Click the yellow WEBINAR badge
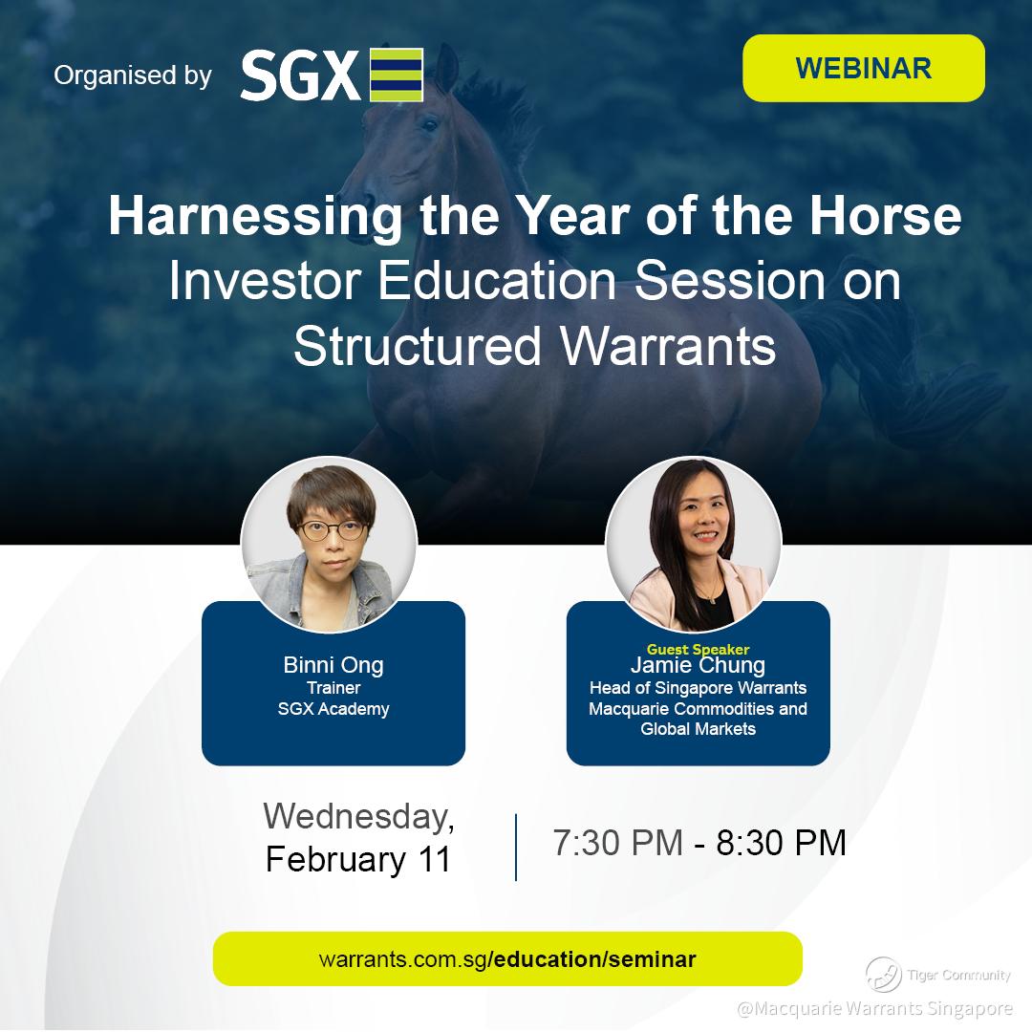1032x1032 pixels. tap(864, 69)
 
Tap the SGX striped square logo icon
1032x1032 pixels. tap(397, 75)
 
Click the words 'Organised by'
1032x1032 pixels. tap(132, 75)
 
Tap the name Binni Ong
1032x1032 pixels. tap(333, 665)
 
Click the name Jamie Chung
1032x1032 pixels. tap(698, 665)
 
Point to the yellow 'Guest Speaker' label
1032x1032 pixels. tap(698, 649)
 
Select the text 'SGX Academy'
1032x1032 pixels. tap(333, 709)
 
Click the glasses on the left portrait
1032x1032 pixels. tap(332, 529)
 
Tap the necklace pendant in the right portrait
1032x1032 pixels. tap(710, 599)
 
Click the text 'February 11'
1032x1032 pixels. tap(357, 860)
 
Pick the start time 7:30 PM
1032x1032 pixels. tap(617, 843)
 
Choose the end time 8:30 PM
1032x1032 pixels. tap(781, 843)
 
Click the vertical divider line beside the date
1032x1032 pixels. tap(516, 847)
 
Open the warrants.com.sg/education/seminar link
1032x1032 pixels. tap(507, 959)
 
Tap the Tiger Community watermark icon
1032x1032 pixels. tap(883, 975)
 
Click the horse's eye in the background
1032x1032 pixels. tap(428, 123)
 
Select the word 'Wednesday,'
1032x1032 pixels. tap(358, 816)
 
